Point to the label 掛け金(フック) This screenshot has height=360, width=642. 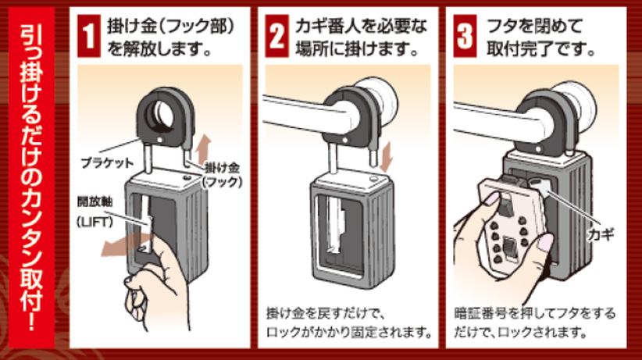[225, 173]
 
